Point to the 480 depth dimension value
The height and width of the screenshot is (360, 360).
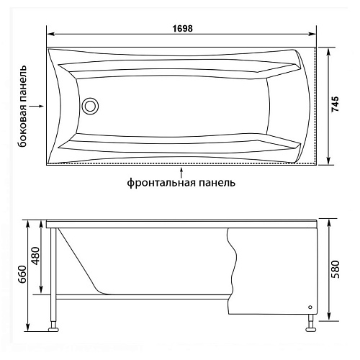tap(37, 253)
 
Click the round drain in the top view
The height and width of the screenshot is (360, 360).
tap(89, 107)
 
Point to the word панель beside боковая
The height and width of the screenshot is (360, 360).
tap(23, 81)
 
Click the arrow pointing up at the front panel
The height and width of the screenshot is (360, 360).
tap(181, 170)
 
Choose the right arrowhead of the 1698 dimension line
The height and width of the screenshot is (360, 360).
tap(315, 34)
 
